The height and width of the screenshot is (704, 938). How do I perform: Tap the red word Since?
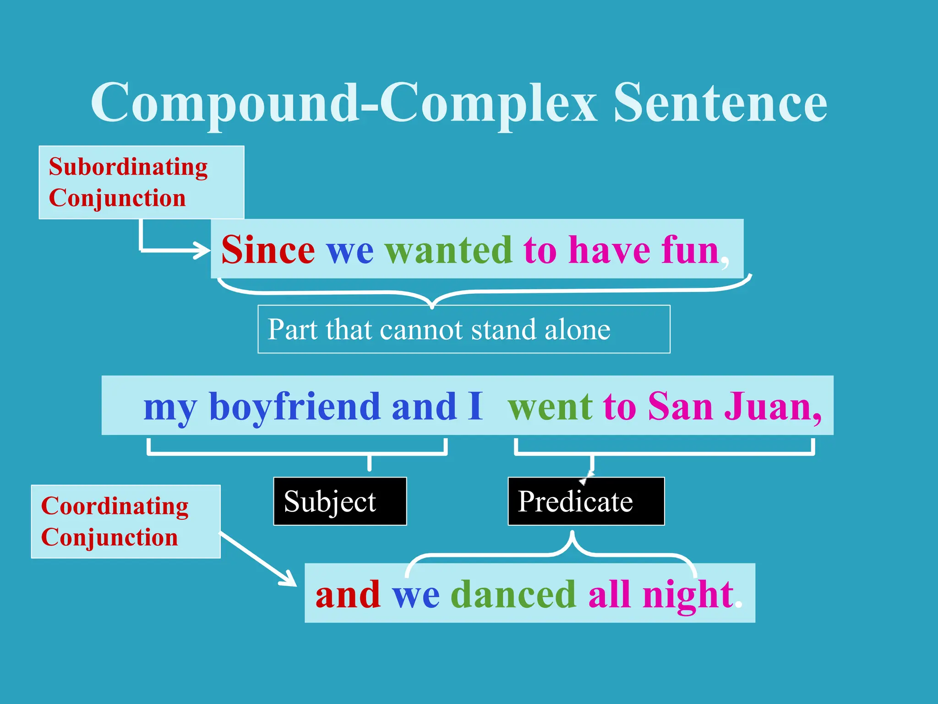tap(268, 250)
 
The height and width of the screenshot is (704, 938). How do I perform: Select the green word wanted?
tap(448, 250)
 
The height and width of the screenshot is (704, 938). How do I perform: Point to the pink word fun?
tap(690, 250)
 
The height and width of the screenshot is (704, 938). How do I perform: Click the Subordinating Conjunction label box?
tap(141, 182)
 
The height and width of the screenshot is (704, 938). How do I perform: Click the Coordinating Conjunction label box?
tap(125, 522)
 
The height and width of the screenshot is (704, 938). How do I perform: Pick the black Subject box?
tap(340, 501)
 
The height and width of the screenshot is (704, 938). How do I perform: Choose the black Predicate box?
tap(586, 501)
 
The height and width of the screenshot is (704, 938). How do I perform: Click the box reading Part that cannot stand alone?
tap(464, 329)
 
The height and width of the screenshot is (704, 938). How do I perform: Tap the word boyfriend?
tap(294, 407)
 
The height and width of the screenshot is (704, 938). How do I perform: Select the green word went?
tap(550, 407)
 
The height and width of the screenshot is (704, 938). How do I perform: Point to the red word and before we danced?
tap(348, 594)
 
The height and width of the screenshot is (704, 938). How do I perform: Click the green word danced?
tap(513, 594)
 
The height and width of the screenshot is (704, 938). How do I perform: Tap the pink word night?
tap(687, 594)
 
